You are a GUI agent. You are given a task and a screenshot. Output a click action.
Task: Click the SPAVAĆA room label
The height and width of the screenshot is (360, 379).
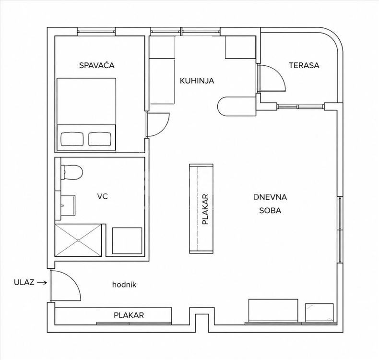[x=97, y=65]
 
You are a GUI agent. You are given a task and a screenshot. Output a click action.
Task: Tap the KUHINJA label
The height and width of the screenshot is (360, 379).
[x=197, y=81]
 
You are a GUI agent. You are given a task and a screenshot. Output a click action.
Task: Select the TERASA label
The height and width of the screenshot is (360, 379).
[x=304, y=65]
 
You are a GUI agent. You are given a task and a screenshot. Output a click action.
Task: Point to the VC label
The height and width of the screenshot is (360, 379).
[x=103, y=196]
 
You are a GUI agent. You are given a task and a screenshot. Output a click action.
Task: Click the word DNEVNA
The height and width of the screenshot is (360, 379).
[x=270, y=197]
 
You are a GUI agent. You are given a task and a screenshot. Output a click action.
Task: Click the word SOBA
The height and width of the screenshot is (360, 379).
[x=270, y=210]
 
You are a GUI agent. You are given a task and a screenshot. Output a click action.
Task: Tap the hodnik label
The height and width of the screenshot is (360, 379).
[x=124, y=285]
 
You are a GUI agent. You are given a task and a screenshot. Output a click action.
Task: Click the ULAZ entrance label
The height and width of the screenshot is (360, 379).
[x=24, y=282]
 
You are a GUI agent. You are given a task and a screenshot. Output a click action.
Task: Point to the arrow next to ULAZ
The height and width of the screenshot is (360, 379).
[x=43, y=282]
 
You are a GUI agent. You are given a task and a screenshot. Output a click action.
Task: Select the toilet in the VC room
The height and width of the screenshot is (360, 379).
[x=72, y=172]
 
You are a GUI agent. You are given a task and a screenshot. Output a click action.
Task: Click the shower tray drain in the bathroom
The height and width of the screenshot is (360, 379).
[x=78, y=240]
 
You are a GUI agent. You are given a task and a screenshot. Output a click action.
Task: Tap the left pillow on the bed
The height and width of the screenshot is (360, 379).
[x=72, y=139]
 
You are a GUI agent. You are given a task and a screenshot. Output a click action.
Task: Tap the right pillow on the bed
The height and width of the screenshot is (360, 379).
[x=100, y=139]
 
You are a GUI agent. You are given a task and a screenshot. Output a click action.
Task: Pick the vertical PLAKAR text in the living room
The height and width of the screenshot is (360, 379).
[x=205, y=209]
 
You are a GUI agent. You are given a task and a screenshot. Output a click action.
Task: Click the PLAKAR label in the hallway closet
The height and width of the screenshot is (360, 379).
[x=129, y=315]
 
